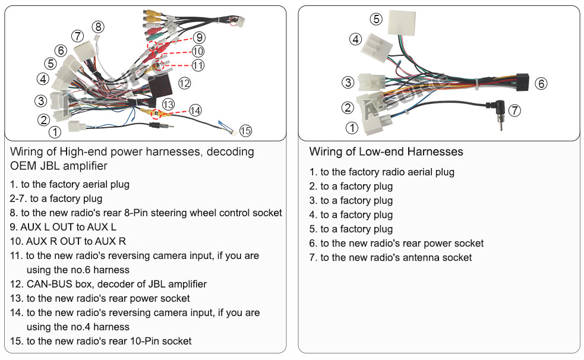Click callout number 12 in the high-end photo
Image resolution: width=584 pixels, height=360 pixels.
click(x=184, y=83)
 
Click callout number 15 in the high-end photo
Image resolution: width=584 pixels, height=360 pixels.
click(x=245, y=131)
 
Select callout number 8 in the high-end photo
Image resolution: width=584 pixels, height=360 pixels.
click(x=99, y=27)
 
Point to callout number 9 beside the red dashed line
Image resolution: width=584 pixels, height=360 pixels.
click(x=199, y=37)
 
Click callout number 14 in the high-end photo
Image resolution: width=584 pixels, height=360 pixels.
click(x=195, y=110)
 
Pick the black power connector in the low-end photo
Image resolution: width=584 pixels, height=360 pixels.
click(x=522, y=83)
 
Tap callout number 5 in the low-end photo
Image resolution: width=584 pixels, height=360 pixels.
click(x=376, y=19)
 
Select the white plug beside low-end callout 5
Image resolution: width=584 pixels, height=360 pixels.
click(x=402, y=23)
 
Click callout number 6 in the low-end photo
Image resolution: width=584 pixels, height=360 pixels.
click(x=541, y=83)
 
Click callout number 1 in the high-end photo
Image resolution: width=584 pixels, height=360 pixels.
click(x=55, y=132)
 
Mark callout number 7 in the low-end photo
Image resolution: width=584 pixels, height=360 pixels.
click(x=514, y=110)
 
